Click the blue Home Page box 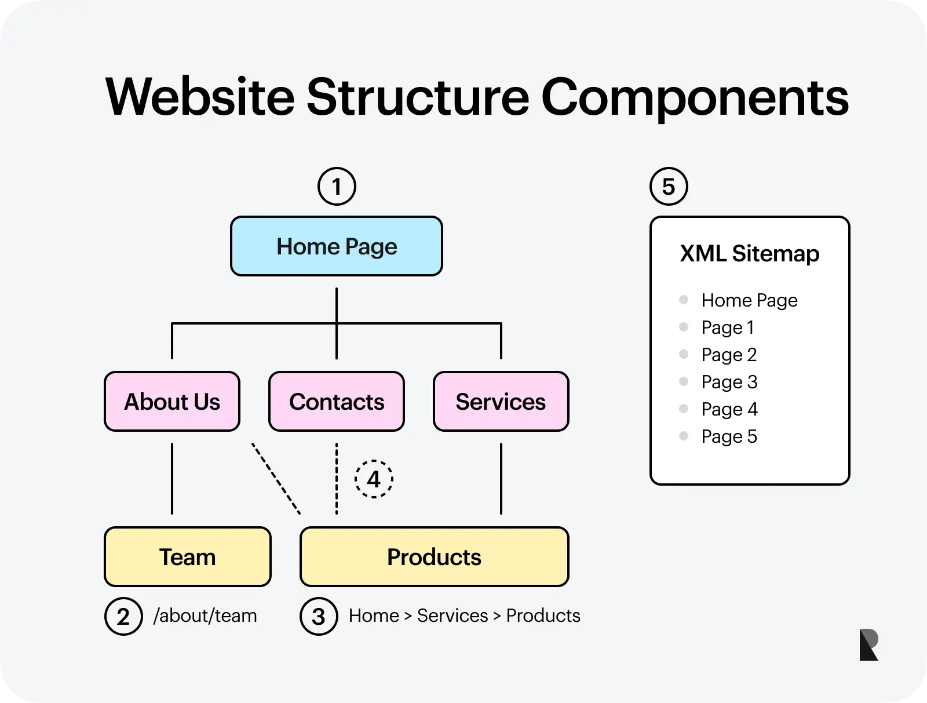(x=337, y=246)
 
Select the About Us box (x=172, y=402)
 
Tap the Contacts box (x=337, y=402)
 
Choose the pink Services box (x=501, y=402)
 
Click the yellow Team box (x=187, y=557)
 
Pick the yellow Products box (x=434, y=557)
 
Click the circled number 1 (x=337, y=187)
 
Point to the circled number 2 (x=123, y=616)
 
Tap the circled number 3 (x=319, y=616)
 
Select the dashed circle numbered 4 (x=374, y=479)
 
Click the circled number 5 (x=669, y=187)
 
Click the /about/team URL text (x=205, y=615)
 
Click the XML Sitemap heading (x=750, y=254)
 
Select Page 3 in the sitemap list (x=729, y=382)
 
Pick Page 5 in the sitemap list (x=729, y=436)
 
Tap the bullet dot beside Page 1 (x=684, y=327)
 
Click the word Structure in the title (x=417, y=97)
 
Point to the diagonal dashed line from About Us (x=276, y=479)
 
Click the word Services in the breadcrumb (x=452, y=615)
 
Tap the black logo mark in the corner (x=868, y=644)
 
